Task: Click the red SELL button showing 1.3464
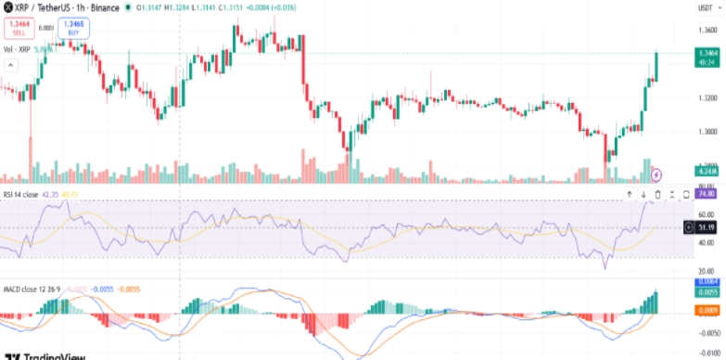pos(19,28)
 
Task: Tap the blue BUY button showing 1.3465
pos(74,28)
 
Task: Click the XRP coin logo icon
pos(6,6)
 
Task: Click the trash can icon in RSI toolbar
pos(658,194)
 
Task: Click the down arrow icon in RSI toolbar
pos(643,194)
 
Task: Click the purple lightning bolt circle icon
pos(657,174)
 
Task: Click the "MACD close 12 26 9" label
pos(31,289)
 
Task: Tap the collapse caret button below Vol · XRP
pos(12,65)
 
